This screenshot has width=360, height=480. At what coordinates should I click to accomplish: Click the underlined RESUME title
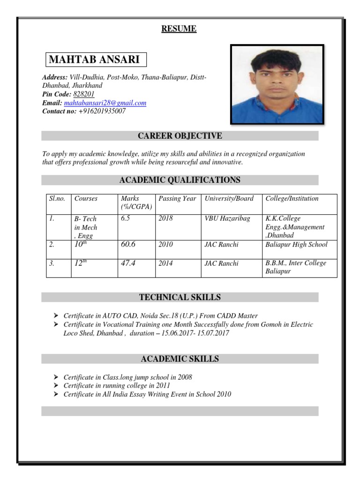(179, 29)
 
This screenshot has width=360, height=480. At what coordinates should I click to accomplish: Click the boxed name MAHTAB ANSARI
(95, 60)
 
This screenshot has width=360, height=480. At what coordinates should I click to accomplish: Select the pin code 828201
(84, 94)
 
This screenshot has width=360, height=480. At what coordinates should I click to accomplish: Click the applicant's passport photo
(277, 85)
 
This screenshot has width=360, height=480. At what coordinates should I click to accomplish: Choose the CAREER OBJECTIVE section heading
(180, 136)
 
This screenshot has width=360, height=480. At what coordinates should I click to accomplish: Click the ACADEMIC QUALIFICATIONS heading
(180, 180)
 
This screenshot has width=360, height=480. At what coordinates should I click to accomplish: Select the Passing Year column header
(177, 198)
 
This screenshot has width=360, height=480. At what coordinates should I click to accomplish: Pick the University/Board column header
(229, 198)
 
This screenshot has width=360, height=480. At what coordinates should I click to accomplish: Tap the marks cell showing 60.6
(128, 244)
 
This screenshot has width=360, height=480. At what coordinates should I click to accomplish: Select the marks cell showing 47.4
(128, 263)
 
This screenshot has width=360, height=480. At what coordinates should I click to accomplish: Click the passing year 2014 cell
(165, 263)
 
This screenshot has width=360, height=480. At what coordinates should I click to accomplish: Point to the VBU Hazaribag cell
(227, 218)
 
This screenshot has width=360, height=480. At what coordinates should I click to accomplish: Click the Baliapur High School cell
(296, 244)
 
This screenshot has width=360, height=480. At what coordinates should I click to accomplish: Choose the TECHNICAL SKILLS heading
(180, 297)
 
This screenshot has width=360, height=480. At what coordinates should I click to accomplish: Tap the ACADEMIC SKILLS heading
(180, 359)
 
